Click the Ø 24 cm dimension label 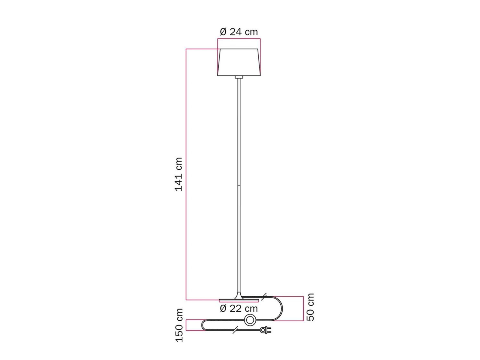239,32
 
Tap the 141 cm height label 178,174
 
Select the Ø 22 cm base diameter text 239,308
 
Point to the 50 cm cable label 310,307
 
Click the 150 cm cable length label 179,325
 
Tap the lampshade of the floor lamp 239,62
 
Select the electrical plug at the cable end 266,330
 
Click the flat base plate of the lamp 239,300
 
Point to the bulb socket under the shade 239,77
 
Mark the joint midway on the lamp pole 239,185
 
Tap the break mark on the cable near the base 264,297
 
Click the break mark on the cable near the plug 236,330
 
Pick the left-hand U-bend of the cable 203,325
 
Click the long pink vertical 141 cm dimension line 186,174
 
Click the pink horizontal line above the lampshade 239,39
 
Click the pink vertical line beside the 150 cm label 186,325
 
